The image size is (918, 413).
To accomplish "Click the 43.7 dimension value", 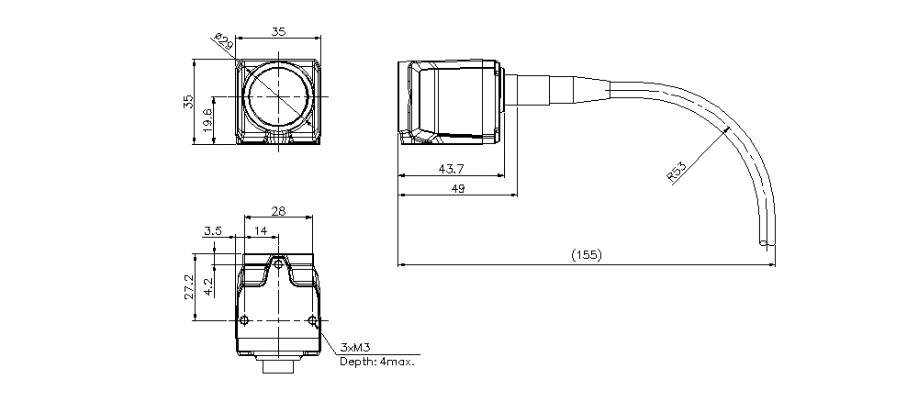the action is [451, 169].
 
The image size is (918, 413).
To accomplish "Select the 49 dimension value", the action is [458, 189].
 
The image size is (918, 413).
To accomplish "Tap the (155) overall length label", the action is [586, 254].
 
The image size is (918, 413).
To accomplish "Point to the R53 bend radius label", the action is [677, 173].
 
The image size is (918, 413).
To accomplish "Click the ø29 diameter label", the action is [224, 42].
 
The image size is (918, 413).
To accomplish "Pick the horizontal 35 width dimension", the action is [279, 31].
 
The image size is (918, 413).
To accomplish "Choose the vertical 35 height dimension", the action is [188, 102].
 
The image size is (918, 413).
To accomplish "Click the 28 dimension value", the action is [279, 211].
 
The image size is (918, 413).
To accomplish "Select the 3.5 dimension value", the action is [213, 231].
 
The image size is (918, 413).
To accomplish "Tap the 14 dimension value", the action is [261, 231].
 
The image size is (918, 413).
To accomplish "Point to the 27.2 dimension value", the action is [188, 286].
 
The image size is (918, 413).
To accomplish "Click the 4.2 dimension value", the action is [207, 286].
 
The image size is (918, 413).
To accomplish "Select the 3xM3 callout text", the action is [355, 349].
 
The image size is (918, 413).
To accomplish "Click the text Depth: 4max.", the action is [377, 362].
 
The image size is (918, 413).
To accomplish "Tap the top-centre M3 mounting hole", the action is [279, 264].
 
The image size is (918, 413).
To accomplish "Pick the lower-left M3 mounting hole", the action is [245, 320].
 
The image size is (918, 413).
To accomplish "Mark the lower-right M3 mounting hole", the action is [313, 320].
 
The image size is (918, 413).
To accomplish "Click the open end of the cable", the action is [763, 243].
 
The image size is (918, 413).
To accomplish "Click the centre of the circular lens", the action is [279, 96].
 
